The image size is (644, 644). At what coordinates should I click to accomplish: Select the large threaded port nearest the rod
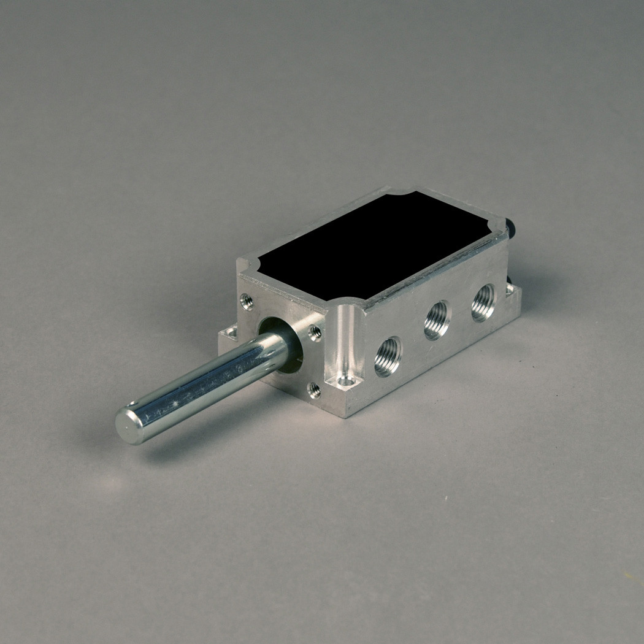click(x=388, y=356)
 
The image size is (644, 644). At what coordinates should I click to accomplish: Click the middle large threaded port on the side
click(x=437, y=320)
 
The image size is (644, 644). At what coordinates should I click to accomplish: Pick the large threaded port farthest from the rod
click(x=483, y=302)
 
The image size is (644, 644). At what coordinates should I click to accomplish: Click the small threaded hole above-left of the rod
click(x=247, y=301)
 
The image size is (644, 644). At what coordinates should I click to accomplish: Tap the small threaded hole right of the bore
click(x=315, y=332)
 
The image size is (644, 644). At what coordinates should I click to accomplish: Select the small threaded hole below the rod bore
click(x=315, y=389)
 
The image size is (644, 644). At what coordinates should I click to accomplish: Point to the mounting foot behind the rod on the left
click(x=229, y=334)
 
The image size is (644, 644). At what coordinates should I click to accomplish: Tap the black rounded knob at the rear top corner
click(x=513, y=228)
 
